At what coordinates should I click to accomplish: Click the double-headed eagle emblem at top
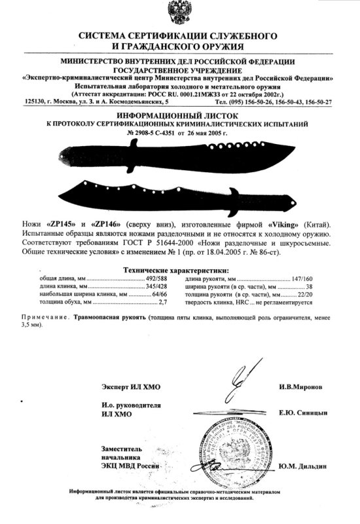tap(179, 15)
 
